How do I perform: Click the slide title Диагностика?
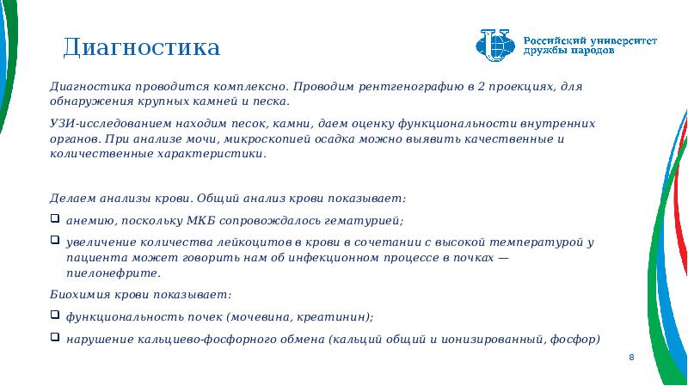(141, 47)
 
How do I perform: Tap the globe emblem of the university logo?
(495, 46)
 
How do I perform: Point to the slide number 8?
(631, 357)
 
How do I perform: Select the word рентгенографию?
(411, 87)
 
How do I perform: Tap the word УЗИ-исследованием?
(111, 124)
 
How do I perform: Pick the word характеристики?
(212, 154)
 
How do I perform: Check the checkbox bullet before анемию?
(55, 218)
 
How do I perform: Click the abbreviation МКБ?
(201, 220)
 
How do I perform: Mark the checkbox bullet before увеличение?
(55, 240)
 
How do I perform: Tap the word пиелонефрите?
(114, 273)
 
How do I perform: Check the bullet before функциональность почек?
(55, 314)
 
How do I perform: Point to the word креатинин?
(335, 316)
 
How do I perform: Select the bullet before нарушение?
(55, 336)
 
